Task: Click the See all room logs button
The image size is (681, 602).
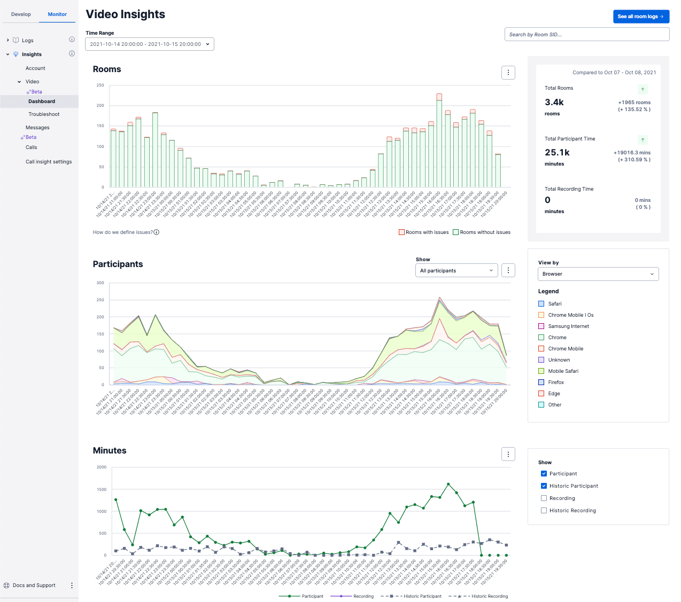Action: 640,17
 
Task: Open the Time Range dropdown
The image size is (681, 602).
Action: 150,44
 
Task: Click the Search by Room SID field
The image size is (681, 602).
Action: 586,35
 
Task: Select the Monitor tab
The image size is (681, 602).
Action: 57,14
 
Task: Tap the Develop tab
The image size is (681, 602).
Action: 21,14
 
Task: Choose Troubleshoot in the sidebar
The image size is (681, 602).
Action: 44,114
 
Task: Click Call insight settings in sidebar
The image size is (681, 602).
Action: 49,162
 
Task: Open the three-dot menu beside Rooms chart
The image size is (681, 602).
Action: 508,73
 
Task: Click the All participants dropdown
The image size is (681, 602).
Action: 456,271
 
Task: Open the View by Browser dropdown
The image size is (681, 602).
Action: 598,274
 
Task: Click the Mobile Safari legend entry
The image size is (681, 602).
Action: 563,371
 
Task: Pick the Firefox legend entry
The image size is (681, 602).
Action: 556,382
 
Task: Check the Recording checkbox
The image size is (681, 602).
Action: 544,498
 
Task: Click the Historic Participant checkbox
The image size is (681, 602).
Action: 544,486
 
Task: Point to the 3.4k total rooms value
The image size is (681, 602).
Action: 554,103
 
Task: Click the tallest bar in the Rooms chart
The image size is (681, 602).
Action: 439,142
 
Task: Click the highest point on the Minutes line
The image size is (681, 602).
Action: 448,484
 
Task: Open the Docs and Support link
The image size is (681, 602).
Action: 34,585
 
